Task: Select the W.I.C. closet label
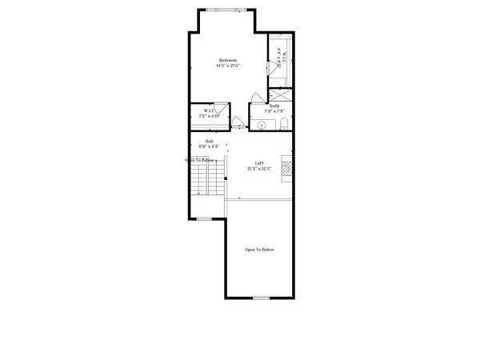[x=209, y=110]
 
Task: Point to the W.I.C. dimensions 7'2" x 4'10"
[x=209, y=116]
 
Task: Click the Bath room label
[x=274, y=106]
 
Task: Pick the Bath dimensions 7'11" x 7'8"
[x=274, y=111]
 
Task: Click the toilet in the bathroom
[x=285, y=124]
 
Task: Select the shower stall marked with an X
[x=280, y=94]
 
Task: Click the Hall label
[x=209, y=142]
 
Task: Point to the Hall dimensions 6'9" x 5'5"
[x=209, y=147]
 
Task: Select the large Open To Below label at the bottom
[x=259, y=250]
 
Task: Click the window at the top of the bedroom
[x=222, y=10]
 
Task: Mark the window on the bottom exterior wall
[x=260, y=298]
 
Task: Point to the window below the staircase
[x=204, y=218]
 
